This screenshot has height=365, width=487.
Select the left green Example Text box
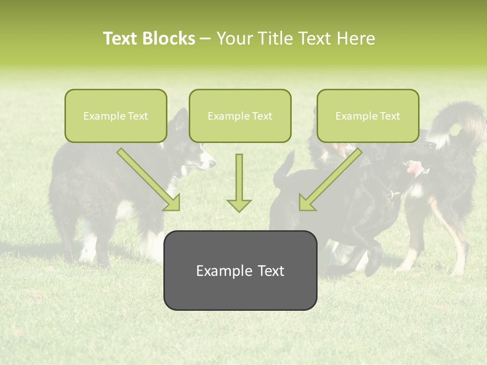click(x=116, y=116)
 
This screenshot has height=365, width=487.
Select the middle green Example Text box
click(x=240, y=116)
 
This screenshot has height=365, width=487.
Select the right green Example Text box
click(x=368, y=116)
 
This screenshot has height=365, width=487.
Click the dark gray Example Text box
click(x=240, y=270)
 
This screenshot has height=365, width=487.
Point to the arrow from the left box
click(x=148, y=179)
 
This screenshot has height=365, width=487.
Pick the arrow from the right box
click(x=331, y=179)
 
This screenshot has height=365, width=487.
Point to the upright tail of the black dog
click(x=286, y=167)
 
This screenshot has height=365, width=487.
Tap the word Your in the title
click(x=234, y=39)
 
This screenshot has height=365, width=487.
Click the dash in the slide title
click(x=205, y=39)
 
